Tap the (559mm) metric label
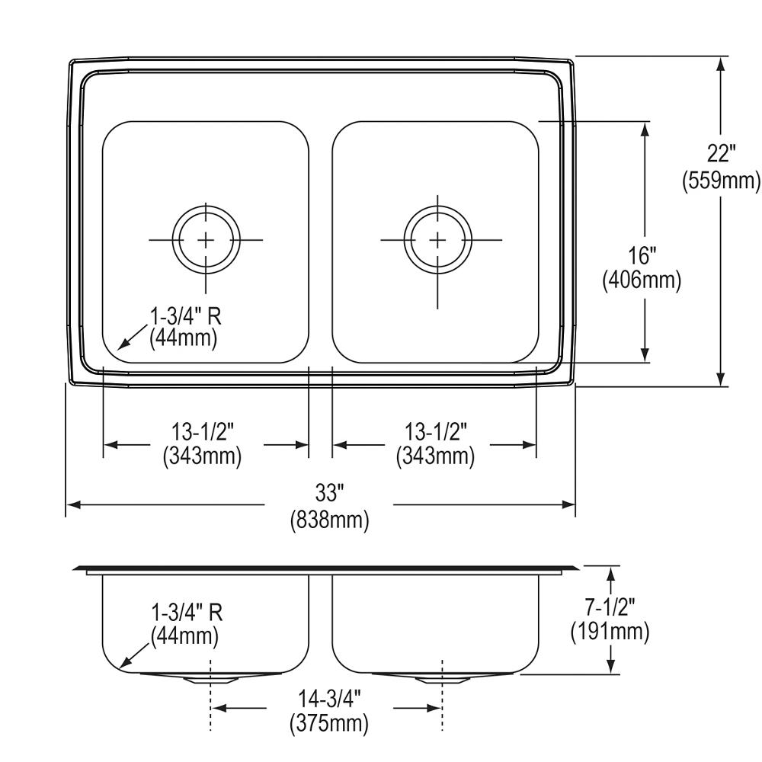pyautogui.click(x=721, y=181)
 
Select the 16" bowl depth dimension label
pyautogui.click(x=642, y=255)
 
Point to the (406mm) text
pyautogui.click(x=642, y=280)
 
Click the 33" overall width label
pyautogui.click(x=329, y=493)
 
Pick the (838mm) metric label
pyautogui.click(x=329, y=520)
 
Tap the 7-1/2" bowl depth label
pyautogui.click(x=610, y=607)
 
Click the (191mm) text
pyautogui.click(x=610, y=632)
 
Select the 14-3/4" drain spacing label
pyautogui.click(x=329, y=699)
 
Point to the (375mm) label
pyautogui.click(x=329, y=724)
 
